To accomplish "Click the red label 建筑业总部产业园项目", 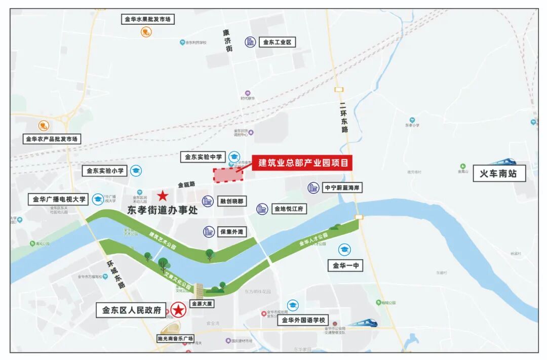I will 302,163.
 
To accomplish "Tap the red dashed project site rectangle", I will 227,175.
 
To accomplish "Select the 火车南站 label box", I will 499,174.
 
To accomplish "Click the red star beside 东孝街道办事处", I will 163,195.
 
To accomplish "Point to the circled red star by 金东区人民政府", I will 178,310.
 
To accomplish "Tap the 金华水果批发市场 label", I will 147,20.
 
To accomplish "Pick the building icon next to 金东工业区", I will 250,42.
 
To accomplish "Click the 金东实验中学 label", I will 203,157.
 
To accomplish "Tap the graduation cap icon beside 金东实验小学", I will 136,171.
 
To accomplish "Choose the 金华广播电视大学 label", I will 59,199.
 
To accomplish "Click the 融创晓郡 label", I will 231,202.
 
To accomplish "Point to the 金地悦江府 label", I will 289,209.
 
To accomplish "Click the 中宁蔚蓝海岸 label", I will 342,188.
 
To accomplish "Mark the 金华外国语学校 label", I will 303,320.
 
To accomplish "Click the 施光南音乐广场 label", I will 175,338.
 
